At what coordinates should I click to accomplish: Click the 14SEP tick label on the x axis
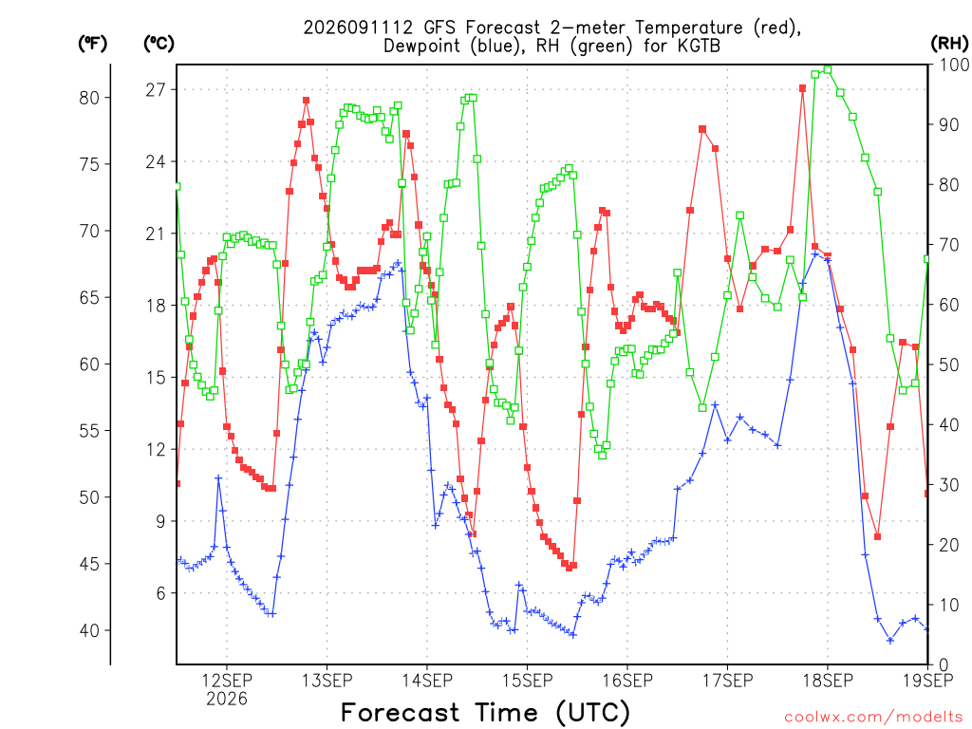click(x=427, y=681)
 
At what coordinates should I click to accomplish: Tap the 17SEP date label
click(x=728, y=681)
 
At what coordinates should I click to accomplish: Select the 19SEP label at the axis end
click(x=928, y=681)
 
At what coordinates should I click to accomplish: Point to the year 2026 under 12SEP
click(x=227, y=700)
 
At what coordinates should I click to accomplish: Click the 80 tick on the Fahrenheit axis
click(x=89, y=98)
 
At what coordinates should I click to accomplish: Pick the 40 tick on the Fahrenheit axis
click(x=89, y=631)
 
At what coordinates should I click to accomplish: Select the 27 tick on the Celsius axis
click(x=156, y=90)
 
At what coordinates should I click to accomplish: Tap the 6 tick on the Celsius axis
click(x=161, y=594)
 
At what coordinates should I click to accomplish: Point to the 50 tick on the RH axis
click(x=949, y=364)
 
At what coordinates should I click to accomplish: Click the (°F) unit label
click(x=92, y=44)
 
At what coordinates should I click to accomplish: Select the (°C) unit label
click(x=159, y=44)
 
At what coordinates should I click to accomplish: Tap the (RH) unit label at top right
click(x=949, y=44)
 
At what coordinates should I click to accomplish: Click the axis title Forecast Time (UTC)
click(x=485, y=712)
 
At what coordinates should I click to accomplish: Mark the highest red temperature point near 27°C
click(x=802, y=88)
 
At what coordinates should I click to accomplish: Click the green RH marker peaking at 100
click(x=828, y=69)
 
